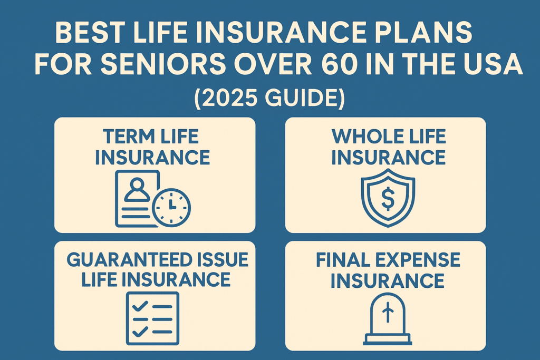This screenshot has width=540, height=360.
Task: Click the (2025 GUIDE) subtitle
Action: pos(269,98)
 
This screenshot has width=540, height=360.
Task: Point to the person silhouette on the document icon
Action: pos(137,189)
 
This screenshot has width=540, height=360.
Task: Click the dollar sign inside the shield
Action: pos(388,200)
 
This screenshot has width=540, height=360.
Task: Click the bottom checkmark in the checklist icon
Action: pos(140,332)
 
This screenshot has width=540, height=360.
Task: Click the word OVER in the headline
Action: pos(273,64)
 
